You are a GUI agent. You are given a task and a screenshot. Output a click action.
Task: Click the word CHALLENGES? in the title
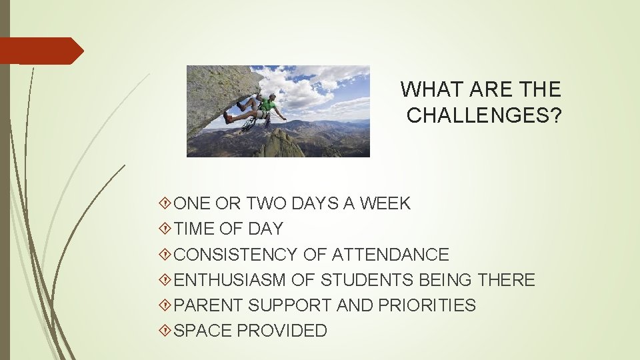point(484,115)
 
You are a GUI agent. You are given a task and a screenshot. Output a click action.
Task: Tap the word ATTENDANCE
point(390,255)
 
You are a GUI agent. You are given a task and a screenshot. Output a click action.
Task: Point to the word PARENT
point(208,305)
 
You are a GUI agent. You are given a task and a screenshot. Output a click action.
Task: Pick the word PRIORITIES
point(427,305)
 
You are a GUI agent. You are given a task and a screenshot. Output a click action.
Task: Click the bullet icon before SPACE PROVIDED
point(166,331)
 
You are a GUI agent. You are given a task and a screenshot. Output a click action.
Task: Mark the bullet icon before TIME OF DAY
point(166,229)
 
